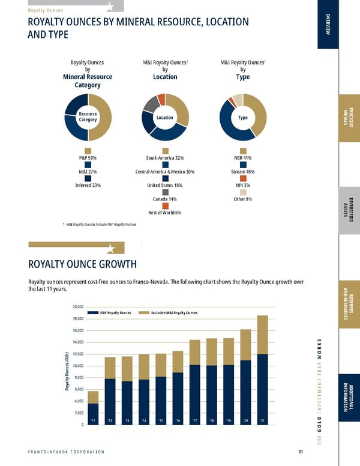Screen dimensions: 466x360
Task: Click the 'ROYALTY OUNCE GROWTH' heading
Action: coord(83,265)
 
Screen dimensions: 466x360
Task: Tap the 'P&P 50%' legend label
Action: coord(88,158)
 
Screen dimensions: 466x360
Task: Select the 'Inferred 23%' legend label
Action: coord(88,185)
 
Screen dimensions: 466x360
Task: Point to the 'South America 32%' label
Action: coord(165,158)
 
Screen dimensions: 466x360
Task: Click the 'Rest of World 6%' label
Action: coord(165,213)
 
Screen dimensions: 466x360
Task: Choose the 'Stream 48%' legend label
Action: coord(243,171)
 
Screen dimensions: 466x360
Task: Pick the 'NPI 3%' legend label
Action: coord(243,185)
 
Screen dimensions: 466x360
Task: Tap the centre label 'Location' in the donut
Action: coord(165,118)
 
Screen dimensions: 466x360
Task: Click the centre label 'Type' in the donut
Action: coord(243,118)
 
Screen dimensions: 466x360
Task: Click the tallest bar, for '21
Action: coord(263,371)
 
